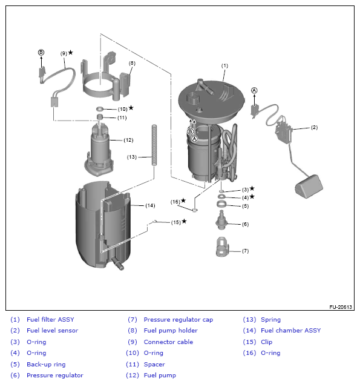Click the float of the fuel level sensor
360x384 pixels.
pyautogui.click(x=309, y=186)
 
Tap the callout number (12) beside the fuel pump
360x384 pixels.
pyautogui.click(x=128, y=140)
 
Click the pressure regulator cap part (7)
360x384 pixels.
pyautogui.click(x=222, y=247)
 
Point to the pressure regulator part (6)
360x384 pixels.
pyautogui.click(x=221, y=220)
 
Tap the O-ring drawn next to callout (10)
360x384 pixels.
pyautogui.click(x=100, y=108)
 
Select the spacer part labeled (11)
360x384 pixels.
pyautogui.click(x=100, y=116)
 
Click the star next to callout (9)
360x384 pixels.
pyautogui.click(x=71, y=52)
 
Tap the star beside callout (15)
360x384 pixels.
pyautogui.click(x=184, y=221)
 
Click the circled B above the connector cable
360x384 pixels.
pyautogui.click(x=41, y=52)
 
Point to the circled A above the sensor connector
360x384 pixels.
pyautogui.click(x=254, y=90)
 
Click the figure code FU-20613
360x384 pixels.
pyautogui.click(x=341, y=307)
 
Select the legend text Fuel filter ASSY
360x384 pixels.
pyautogui.click(x=50, y=319)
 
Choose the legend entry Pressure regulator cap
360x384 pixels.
pyautogui.click(x=178, y=320)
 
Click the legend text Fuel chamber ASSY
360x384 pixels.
pyautogui.click(x=291, y=330)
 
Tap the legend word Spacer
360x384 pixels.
pyautogui.click(x=154, y=365)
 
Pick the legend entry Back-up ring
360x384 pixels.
pyautogui.click(x=46, y=365)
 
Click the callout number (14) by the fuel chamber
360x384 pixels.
pyautogui.click(x=150, y=205)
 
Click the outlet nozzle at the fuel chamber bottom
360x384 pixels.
pyautogui.click(x=117, y=263)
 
